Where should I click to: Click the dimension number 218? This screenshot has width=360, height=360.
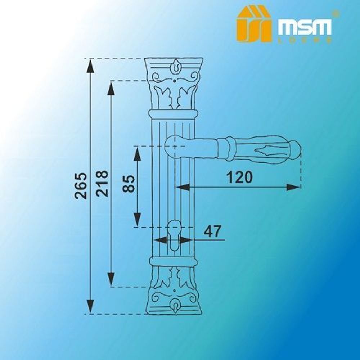pos(102,183)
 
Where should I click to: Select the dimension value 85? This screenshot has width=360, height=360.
pos(129,184)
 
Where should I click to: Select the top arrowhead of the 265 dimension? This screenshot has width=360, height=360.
pos(90,65)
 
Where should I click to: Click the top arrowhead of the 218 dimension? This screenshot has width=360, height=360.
pos(111,87)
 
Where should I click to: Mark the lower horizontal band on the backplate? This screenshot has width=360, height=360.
pos(174,262)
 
